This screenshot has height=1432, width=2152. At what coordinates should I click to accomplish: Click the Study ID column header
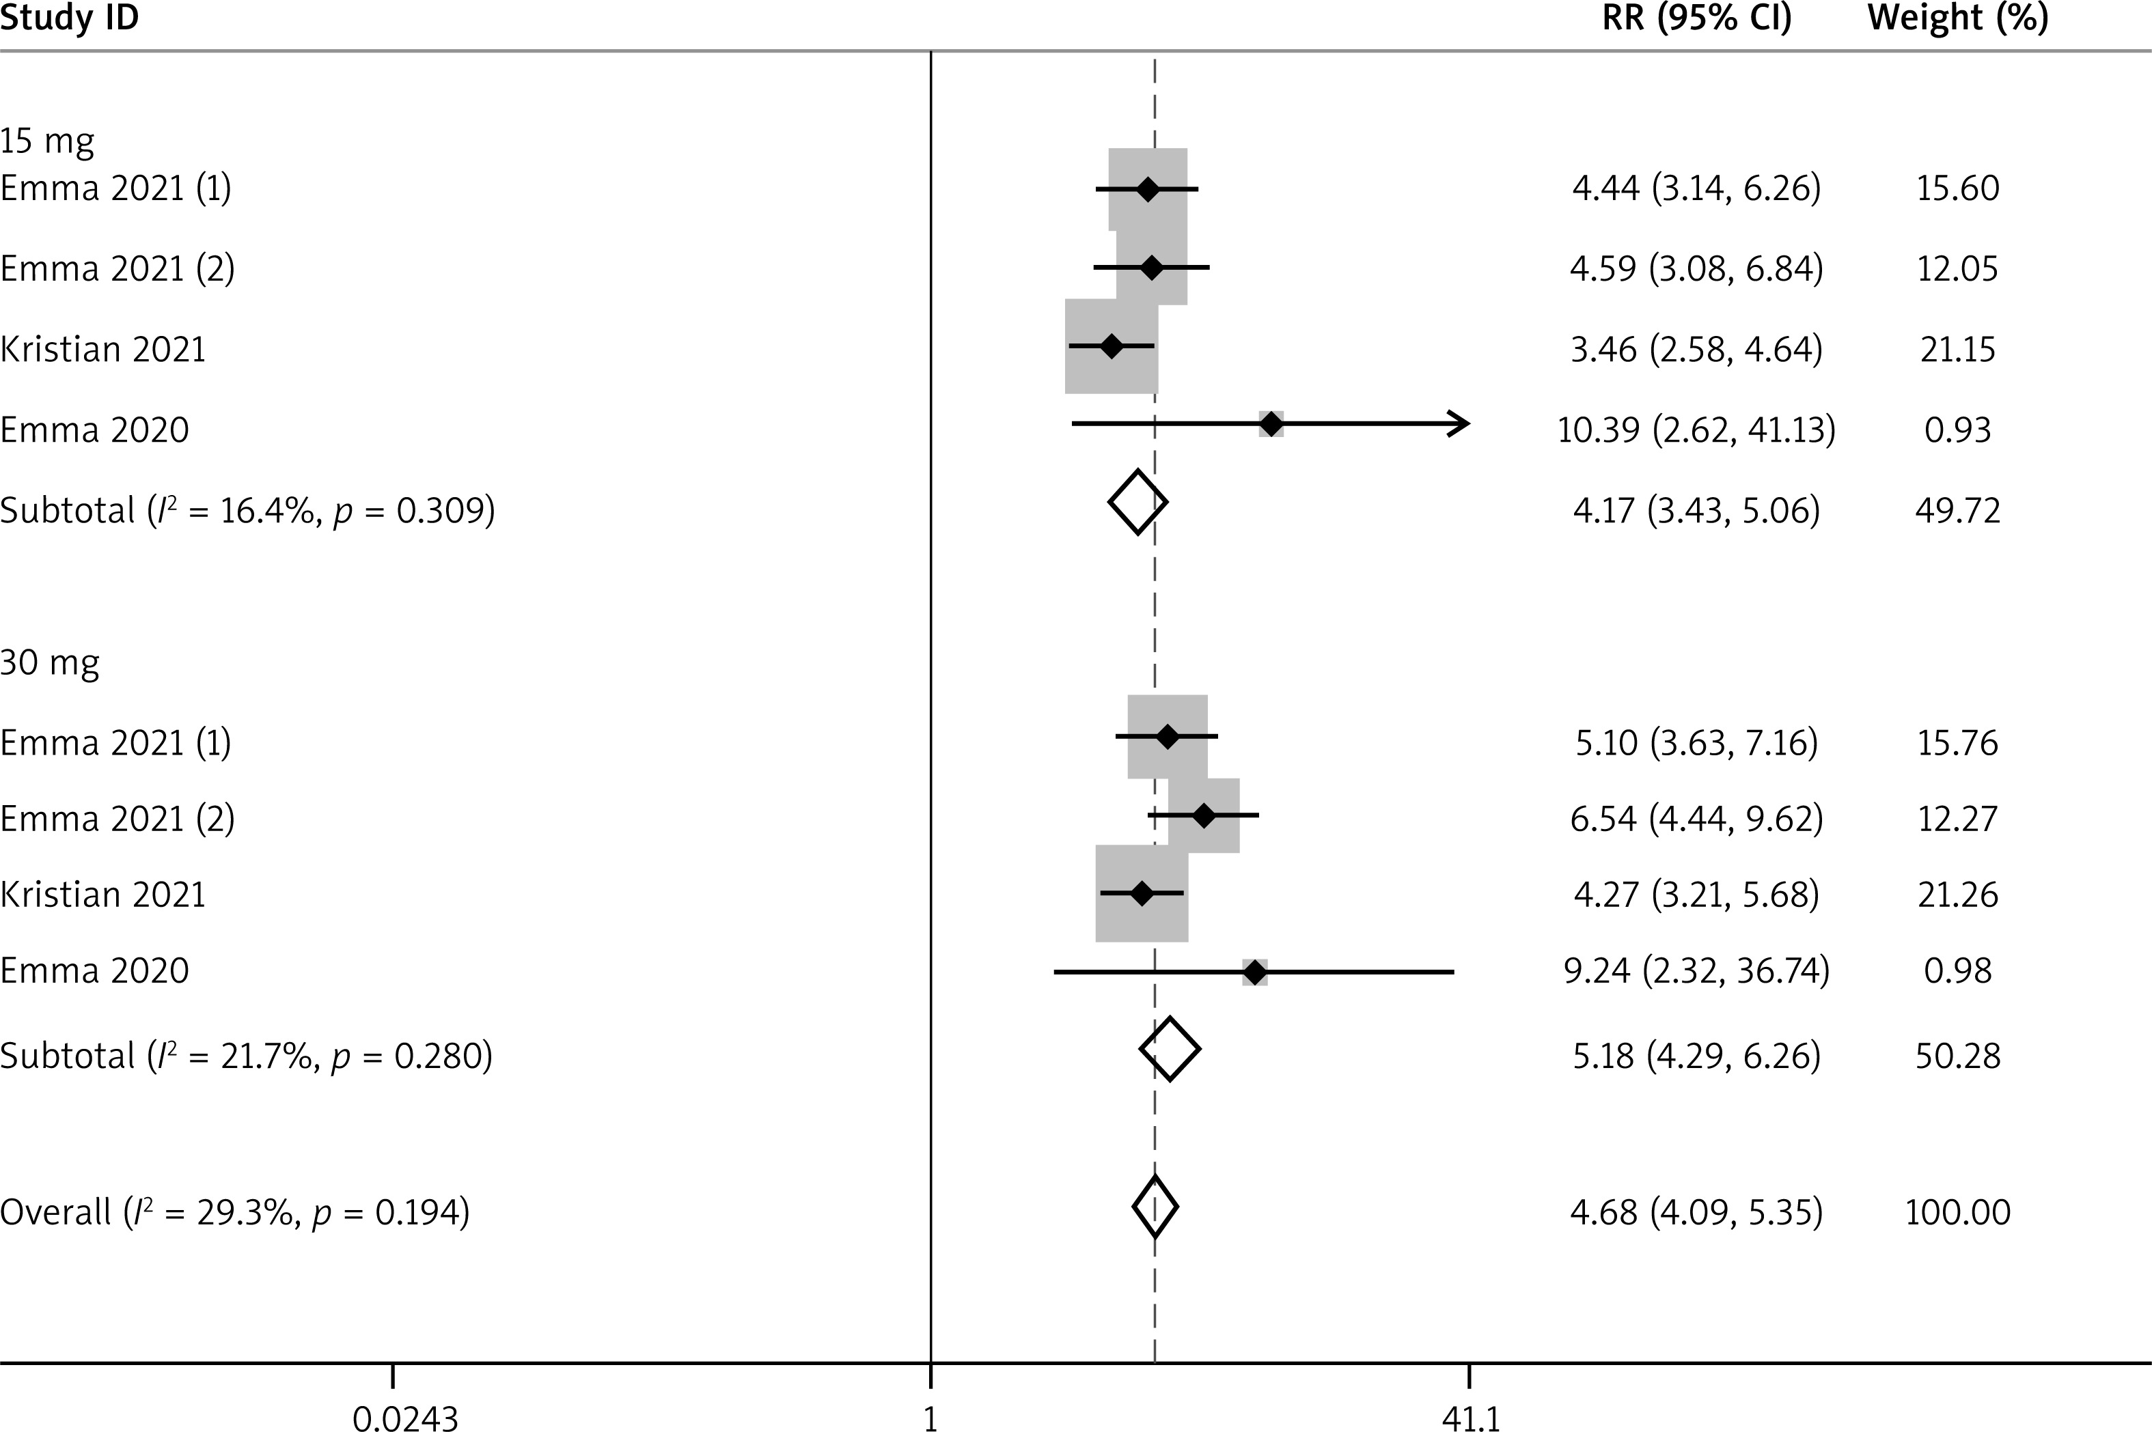(70, 17)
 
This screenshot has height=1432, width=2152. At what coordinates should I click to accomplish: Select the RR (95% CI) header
(1696, 17)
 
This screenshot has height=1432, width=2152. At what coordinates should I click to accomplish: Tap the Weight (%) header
(1957, 17)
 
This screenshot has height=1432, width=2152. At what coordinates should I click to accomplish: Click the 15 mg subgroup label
(48, 141)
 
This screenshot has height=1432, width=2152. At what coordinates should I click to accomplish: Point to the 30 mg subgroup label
(49, 662)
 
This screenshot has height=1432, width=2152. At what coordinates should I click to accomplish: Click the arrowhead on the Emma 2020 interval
(1460, 424)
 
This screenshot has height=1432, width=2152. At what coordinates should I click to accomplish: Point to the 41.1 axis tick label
(1471, 1418)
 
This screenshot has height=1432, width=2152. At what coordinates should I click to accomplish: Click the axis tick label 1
(930, 1418)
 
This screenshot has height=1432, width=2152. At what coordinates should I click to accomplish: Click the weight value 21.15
(1957, 349)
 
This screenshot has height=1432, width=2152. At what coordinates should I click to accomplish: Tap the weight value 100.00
(1957, 1212)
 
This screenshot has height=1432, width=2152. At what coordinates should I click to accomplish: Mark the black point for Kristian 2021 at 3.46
(1111, 346)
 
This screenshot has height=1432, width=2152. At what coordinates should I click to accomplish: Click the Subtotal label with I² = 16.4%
(247, 509)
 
